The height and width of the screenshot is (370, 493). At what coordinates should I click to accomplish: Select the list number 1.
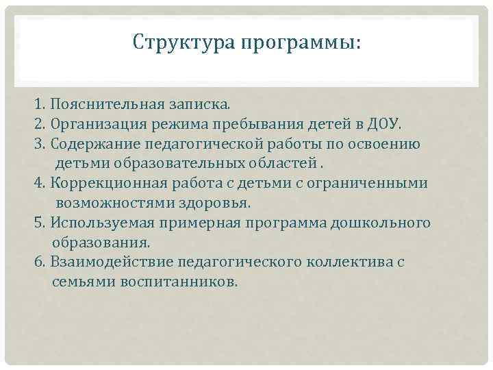coord(38,106)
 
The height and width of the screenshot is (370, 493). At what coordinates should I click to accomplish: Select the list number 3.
coord(38,145)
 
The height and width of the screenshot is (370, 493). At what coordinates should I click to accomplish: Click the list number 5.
coord(38,223)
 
